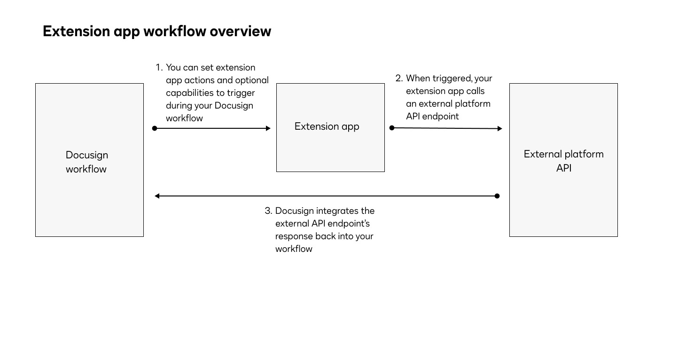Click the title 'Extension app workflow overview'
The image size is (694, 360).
point(156,31)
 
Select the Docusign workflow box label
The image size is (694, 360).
point(87,162)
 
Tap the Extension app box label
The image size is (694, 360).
point(327,126)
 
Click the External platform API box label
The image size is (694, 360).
point(563,161)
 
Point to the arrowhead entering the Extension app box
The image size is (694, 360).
point(268,128)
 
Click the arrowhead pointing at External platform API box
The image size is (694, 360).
point(500,128)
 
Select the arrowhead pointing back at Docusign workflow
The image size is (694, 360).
point(157,196)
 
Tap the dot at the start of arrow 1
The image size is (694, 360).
point(155,128)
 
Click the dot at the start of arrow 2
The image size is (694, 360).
point(392,128)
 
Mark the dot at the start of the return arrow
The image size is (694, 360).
point(497,196)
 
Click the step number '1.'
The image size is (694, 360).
point(159,68)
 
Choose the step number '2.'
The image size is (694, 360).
point(399,78)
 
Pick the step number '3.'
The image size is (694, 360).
point(268,211)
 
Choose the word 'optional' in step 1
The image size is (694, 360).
point(252,80)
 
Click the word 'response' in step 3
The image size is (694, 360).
point(294,236)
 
